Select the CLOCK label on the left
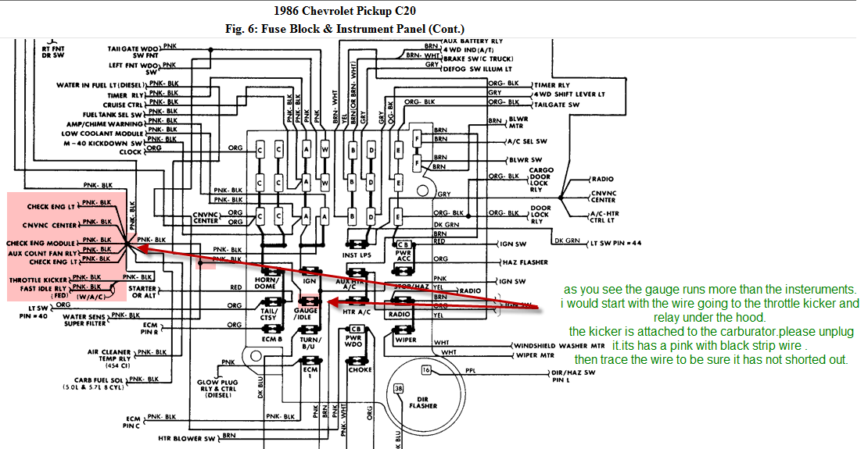pos(131,152)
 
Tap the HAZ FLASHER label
pos(523,262)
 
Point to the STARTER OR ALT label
pos(142,291)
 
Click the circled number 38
pos(399,388)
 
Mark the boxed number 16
pos(427,369)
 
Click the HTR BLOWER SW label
pos(186,439)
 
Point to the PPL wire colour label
pos(470,372)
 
